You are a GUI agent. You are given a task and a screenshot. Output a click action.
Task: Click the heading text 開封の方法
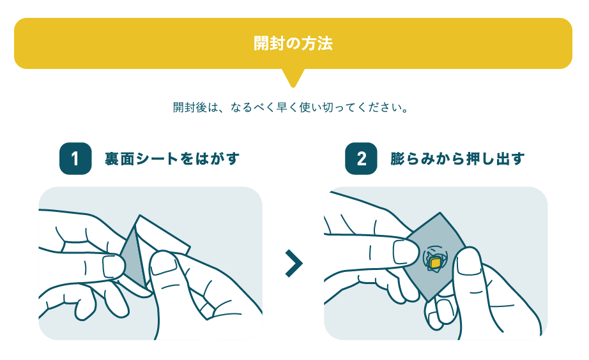(x=293, y=43)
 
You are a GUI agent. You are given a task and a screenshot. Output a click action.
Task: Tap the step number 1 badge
(x=75, y=158)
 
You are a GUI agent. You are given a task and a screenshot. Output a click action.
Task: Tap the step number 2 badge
(x=361, y=158)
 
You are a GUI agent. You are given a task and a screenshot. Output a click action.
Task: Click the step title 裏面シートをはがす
(x=172, y=159)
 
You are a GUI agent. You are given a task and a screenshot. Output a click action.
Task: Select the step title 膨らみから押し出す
(x=457, y=159)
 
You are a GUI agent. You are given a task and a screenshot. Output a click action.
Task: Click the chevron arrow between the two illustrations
(x=294, y=263)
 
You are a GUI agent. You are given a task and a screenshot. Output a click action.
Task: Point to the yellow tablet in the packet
(x=435, y=263)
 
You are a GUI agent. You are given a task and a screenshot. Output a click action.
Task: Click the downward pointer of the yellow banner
(x=293, y=78)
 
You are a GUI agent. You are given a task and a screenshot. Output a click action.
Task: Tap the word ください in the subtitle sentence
(x=379, y=107)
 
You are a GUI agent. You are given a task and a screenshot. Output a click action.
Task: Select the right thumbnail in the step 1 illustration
(x=164, y=263)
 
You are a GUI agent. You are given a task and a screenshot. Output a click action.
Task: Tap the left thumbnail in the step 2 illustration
(x=405, y=251)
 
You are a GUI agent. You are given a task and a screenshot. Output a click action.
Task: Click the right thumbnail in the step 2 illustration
(x=469, y=260)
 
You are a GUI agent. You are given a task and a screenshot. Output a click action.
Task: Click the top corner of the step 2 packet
(x=440, y=213)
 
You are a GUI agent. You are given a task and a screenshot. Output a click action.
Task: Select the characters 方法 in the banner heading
(x=317, y=43)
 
